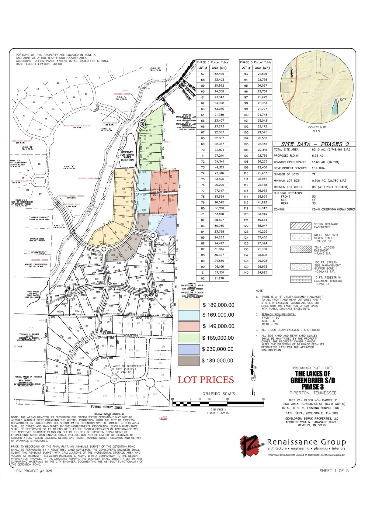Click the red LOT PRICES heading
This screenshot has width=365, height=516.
tap(206, 380)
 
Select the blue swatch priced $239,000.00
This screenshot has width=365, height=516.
tap(189, 349)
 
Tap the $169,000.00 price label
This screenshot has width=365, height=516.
tap(218, 315)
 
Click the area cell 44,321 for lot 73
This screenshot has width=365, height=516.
tap(219, 168)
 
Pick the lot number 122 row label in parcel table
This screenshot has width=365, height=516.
tap(246, 226)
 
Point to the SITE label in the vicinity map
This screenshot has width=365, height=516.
tap(343, 100)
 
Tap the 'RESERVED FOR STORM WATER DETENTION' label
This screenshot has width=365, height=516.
tap(127, 156)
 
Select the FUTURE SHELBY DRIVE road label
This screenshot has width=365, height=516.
tap(106, 407)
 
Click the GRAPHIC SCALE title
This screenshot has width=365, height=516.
tap(218, 394)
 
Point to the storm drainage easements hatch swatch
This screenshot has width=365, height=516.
tap(301, 226)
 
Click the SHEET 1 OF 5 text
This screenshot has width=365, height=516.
tap(334, 471)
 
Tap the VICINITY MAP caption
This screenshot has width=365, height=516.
tap(317, 127)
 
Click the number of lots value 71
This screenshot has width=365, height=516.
tap(314, 174)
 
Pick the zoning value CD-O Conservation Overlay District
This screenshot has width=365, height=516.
tap(333, 210)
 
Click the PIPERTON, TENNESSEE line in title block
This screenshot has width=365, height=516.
tap(313, 393)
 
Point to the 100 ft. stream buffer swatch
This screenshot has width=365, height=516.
tap(301, 267)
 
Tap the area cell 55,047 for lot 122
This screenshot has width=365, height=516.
tap(262, 226)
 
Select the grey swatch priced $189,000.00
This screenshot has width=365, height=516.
tap(189, 361)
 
